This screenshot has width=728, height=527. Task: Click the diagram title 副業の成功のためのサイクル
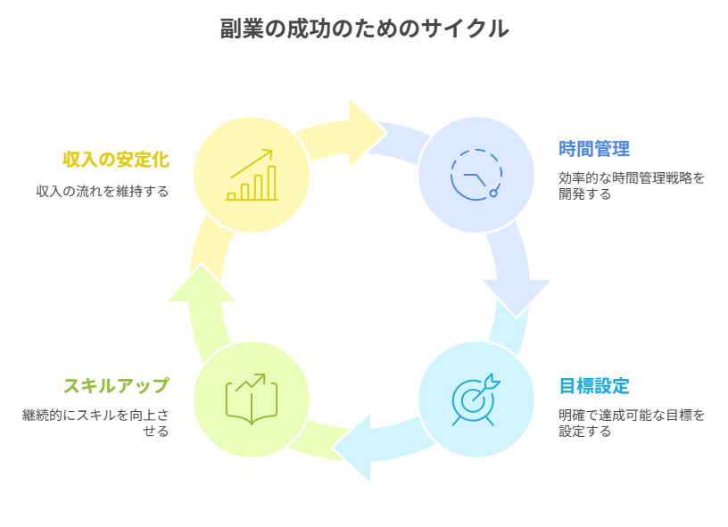pyautogui.click(x=364, y=29)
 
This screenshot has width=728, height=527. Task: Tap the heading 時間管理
pyautogui.click(x=594, y=148)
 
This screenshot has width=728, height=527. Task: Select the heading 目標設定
pyautogui.click(x=594, y=386)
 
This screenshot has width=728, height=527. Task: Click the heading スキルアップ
pyautogui.click(x=116, y=386)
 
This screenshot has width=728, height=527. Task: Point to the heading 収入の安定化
pyautogui.click(x=116, y=160)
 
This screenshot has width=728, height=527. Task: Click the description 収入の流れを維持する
pyautogui.click(x=103, y=191)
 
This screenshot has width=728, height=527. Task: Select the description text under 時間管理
pyautogui.click(x=631, y=185)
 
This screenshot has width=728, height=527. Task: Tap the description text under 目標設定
pyautogui.click(x=631, y=423)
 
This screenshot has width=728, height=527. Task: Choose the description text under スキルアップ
pyautogui.click(x=95, y=423)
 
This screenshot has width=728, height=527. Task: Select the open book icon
pyautogui.click(x=251, y=398)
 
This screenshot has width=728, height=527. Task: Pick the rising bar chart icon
pyautogui.click(x=251, y=175)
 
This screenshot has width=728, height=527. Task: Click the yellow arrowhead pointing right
pyautogui.click(x=366, y=132)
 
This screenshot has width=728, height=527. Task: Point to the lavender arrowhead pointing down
pyautogui.click(x=516, y=295)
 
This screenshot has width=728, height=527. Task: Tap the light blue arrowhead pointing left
pyautogui.click(x=355, y=446)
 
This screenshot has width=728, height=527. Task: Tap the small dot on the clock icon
pyautogui.click(x=493, y=193)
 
